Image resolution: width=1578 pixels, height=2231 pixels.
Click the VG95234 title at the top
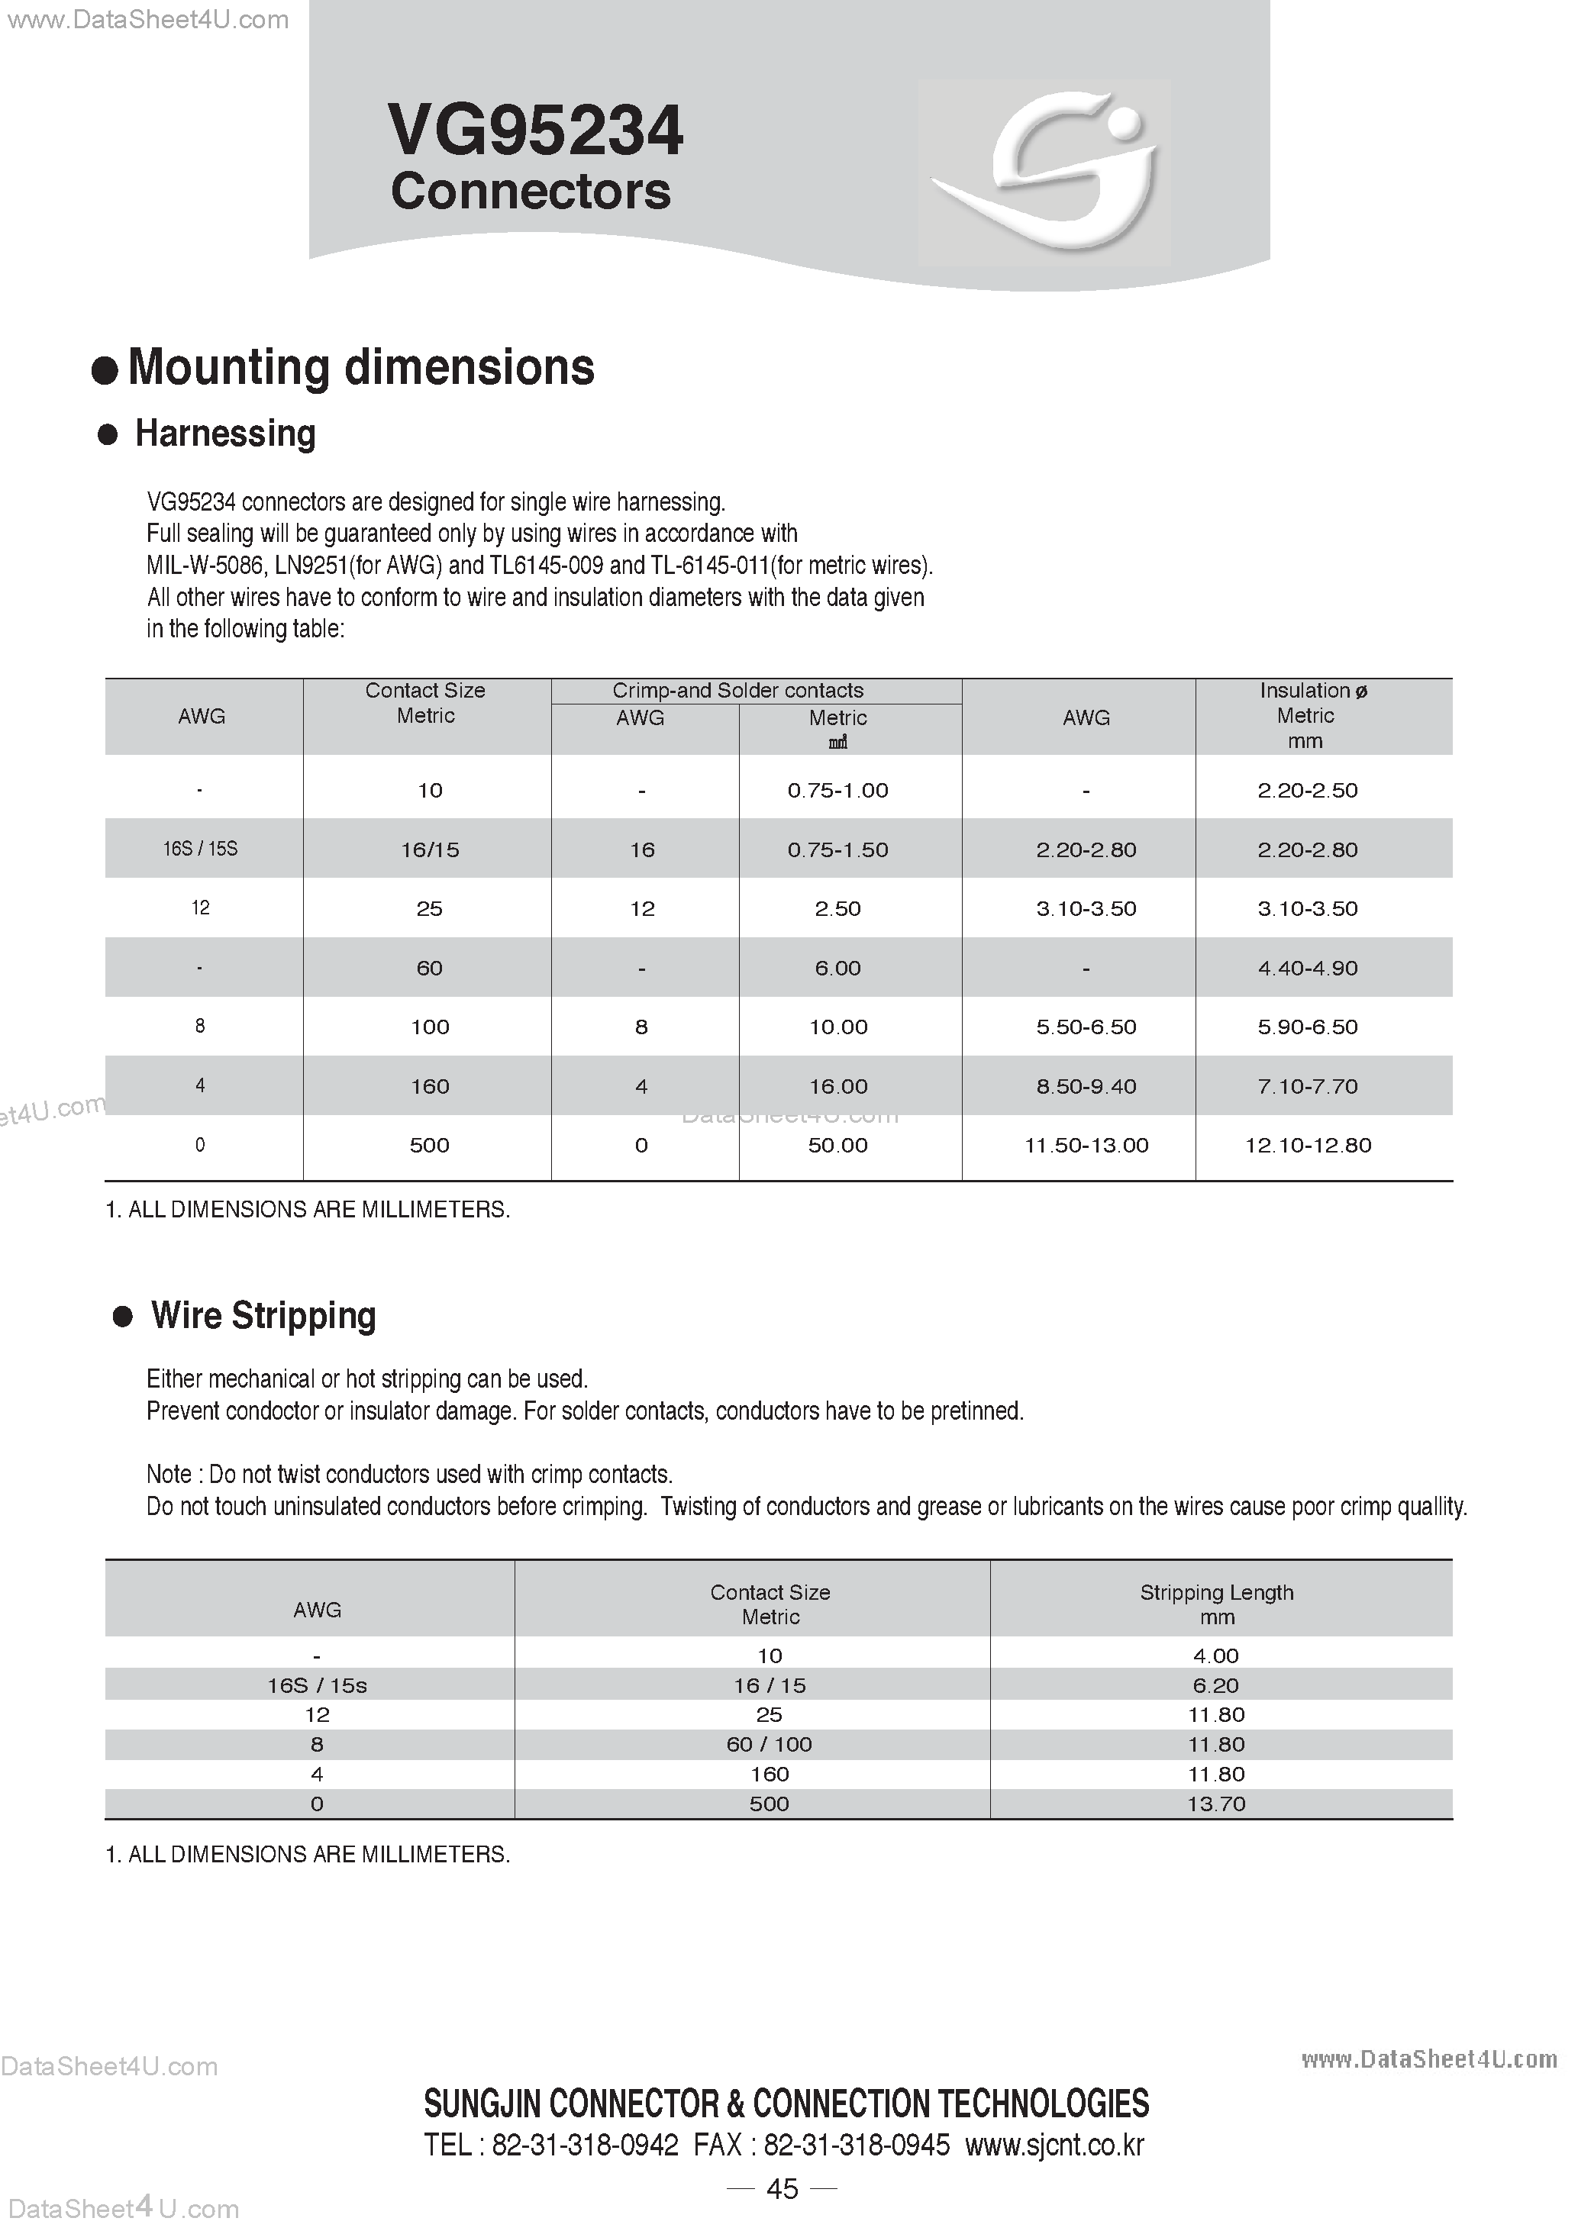tap(535, 131)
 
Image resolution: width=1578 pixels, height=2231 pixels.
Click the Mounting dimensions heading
tap(360, 367)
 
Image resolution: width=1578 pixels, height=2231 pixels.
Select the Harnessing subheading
tap(224, 434)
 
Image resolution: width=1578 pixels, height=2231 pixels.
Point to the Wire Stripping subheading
tap(263, 1316)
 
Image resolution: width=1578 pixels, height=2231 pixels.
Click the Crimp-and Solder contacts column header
tap(737, 690)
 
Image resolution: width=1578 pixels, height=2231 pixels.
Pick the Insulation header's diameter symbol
tap(1361, 691)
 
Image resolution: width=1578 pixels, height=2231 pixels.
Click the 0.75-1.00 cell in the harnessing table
tap(837, 790)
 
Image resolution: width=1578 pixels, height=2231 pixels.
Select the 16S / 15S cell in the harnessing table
tap(200, 848)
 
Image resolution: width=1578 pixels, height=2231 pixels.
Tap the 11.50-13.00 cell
tap(1086, 1145)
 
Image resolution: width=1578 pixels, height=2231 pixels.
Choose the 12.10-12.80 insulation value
tap(1308, 1145)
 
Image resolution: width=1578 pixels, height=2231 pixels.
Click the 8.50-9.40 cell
tap(1086, 1086)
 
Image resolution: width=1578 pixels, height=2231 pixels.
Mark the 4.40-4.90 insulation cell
tap(1308, 968)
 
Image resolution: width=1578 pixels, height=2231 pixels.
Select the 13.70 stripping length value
tap(1217, 1804)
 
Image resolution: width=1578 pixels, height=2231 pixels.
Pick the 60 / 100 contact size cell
tap(770, 1744)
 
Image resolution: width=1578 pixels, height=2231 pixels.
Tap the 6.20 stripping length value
tap(1217, 1685)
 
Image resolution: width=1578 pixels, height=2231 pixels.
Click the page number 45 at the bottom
tap(783, 2187)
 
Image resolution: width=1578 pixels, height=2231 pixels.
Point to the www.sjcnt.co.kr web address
tap(1054, 2145)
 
